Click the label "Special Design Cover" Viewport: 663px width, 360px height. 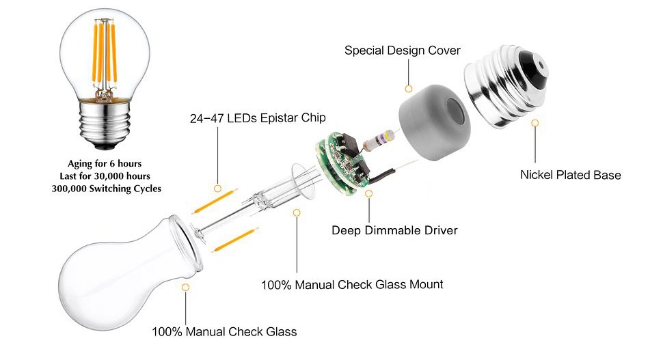pyautogui.click(x=402, y=51)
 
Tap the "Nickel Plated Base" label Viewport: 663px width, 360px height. pyautogui.click(x=570, y=175)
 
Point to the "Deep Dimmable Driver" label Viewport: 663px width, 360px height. pyautogui.click(x=394, y=230)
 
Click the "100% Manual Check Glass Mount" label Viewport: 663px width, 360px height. pyautogui.click(x=352, y=284)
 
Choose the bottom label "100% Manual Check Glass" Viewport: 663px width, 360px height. pyautogui.click(x=224, y=332)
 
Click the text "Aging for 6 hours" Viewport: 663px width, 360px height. pyautogui.click(x=106, y=164)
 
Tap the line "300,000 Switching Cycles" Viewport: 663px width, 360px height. pyautogui.click(x=106, y=189)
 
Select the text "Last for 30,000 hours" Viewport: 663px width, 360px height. pyautogui.click(x=106, y=176)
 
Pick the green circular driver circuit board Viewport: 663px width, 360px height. pyautogui.click(x=338, y=165)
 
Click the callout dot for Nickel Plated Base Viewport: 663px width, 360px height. pyautogui.click(x=535, y=123)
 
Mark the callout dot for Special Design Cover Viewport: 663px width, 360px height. pyautogui.click(x=409, y=88)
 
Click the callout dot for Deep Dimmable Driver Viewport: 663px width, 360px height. pyautogui.click(x=369, y=194)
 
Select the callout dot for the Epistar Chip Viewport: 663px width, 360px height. pyautogui.click(x=217, y=187)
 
